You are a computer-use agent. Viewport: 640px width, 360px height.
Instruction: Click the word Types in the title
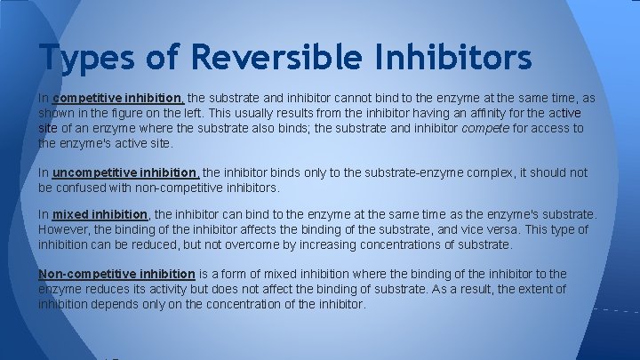84,59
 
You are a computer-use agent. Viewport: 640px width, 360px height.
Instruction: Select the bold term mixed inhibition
100,215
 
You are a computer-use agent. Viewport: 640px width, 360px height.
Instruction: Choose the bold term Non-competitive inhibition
116,274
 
